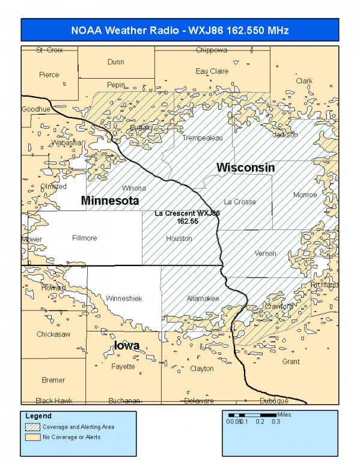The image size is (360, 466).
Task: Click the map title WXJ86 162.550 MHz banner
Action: [180, 30]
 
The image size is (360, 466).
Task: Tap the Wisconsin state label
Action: [245, 167]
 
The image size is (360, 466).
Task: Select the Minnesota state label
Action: [110, 200]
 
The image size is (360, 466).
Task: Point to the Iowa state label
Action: [127, 345]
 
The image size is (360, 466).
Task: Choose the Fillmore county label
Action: [84, 238]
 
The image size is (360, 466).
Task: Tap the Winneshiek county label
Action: [123, 298]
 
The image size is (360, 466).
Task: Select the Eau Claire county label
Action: [212, 71]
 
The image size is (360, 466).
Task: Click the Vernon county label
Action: [265, 253]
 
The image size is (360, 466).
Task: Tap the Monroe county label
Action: [304, 195]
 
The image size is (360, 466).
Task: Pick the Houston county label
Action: [179, 238]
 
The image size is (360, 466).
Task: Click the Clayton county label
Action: [201, 368]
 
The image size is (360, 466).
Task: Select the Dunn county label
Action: [115, 62]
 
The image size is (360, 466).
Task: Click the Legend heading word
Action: [39, 416]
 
